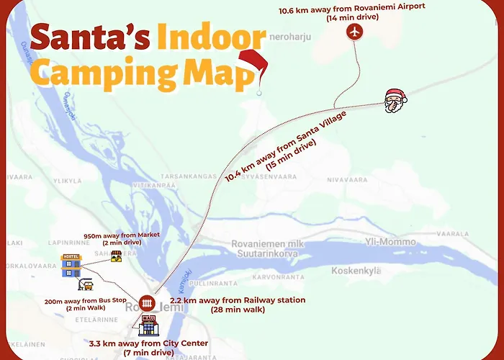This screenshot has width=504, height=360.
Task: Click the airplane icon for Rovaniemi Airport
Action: pyautogui.click(x=354, y=32)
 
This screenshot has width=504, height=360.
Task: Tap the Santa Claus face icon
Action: pyautogui.click(x=394, y=102)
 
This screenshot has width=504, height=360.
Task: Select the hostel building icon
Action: pyautogui.click(x=70, y=264)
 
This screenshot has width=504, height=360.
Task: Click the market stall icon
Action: pyautogui.click(x=114, y=256)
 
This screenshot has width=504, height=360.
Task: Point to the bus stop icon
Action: pyautogui.click(x=85, y=284)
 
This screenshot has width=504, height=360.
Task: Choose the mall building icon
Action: pyautogui.click(x=149, y=325)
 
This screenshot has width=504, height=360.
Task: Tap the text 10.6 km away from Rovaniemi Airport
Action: pyautogui.click(x=352, y=7)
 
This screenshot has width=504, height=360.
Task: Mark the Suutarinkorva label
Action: pyautogui.click(x=265, y=253)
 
